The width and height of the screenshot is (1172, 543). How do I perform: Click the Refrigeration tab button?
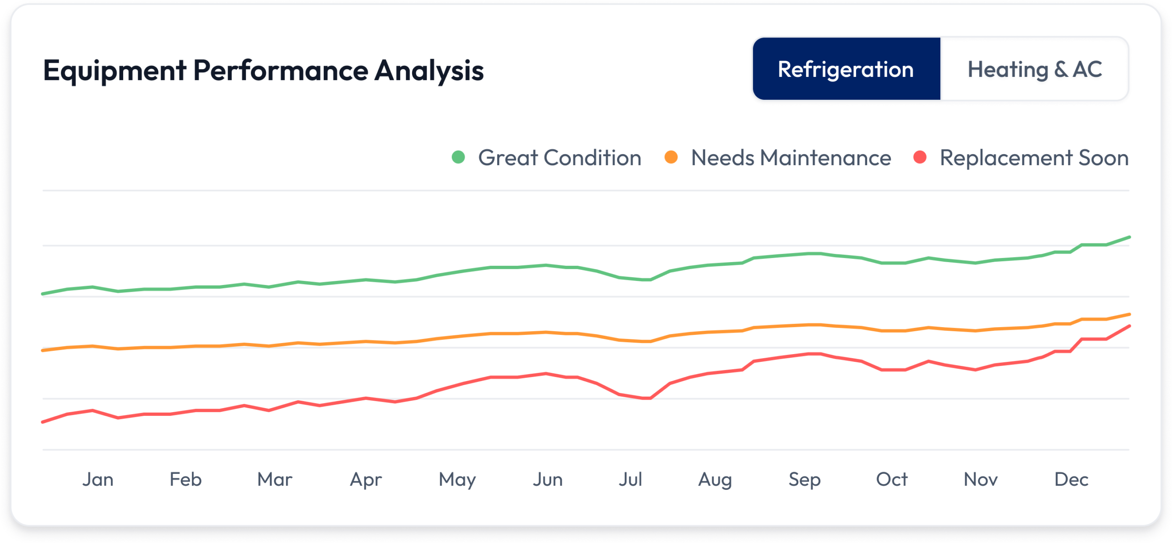point(846,69)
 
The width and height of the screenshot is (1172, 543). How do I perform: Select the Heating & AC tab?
point(1035,69)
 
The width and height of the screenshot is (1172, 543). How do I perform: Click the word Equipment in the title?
point(114,71)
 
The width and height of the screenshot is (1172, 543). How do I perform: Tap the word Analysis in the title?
point(429,71)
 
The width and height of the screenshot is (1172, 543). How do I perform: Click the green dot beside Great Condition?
point(458,157)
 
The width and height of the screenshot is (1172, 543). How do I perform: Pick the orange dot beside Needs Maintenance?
point(671,157)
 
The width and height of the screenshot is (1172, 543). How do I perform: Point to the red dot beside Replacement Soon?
point(920,157)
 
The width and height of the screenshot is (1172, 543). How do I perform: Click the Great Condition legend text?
point(559,158)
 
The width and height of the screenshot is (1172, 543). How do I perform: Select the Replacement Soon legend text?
point(1034,158)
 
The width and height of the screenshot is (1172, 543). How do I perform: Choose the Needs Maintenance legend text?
point(791,158)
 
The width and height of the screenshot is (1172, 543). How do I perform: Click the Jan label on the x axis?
point(98,479)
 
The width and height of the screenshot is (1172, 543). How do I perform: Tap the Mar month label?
point(275,479)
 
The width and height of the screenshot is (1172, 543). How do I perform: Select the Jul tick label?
point(630,479)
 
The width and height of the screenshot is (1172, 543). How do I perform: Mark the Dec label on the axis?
point(1071,479)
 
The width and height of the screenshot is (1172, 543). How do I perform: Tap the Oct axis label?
point(891,479)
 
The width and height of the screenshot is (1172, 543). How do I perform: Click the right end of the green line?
point(1129,237)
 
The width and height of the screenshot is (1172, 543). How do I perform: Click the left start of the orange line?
point(43,350)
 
